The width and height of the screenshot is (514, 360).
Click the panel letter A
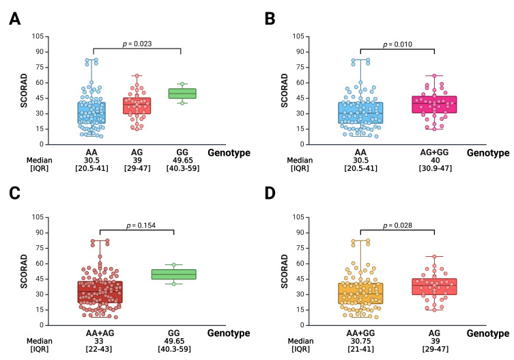[x=13, y=18]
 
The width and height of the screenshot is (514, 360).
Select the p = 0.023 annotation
[x=137, y=43]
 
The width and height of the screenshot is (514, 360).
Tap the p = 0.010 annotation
[x=398, y=43]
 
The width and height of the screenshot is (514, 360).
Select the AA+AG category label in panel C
[x=100, y=334]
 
